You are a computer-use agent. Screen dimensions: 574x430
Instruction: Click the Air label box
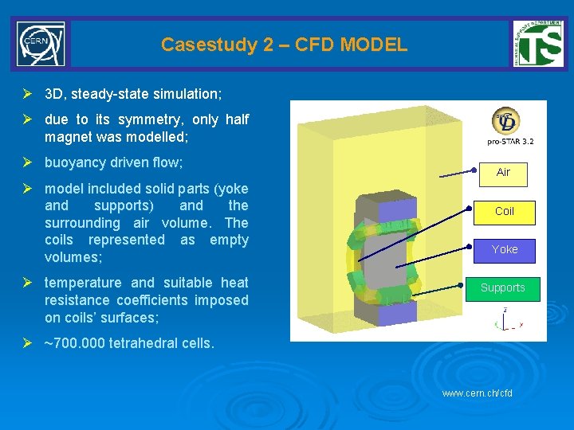point(503,172)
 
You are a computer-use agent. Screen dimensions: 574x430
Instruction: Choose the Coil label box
point(505,211)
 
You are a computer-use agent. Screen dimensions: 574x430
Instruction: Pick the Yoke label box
point(505,249)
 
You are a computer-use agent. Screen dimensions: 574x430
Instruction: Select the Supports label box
point(503,287)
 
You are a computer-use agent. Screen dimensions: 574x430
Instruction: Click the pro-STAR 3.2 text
point(511,142)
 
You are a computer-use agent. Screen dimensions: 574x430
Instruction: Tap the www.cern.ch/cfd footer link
point(477,393)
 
